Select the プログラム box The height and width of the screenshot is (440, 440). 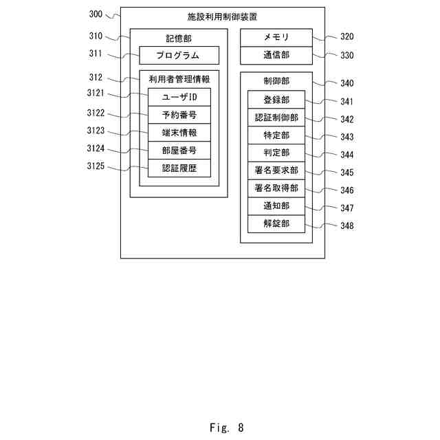coord(179,55)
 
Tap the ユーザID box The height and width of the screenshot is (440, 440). coord(179,97)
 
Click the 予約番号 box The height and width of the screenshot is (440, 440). coord(179,115)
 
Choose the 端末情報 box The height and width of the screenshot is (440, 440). coord(179,133)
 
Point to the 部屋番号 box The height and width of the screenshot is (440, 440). coord(179,151)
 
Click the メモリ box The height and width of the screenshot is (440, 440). coord(276,37)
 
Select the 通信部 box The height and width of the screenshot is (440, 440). coord(276,55)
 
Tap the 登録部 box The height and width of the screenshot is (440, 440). coord(276,100)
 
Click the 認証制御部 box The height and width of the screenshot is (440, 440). coord(276,118)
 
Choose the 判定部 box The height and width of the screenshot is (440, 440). coord(276,153)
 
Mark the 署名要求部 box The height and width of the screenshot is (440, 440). coord(276,170)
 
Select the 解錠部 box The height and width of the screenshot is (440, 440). coord(276,223)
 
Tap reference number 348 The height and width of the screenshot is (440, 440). coord(346,225)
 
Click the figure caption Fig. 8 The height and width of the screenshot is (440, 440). coord(226,428)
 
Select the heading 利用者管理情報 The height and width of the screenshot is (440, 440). coord(179,79)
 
